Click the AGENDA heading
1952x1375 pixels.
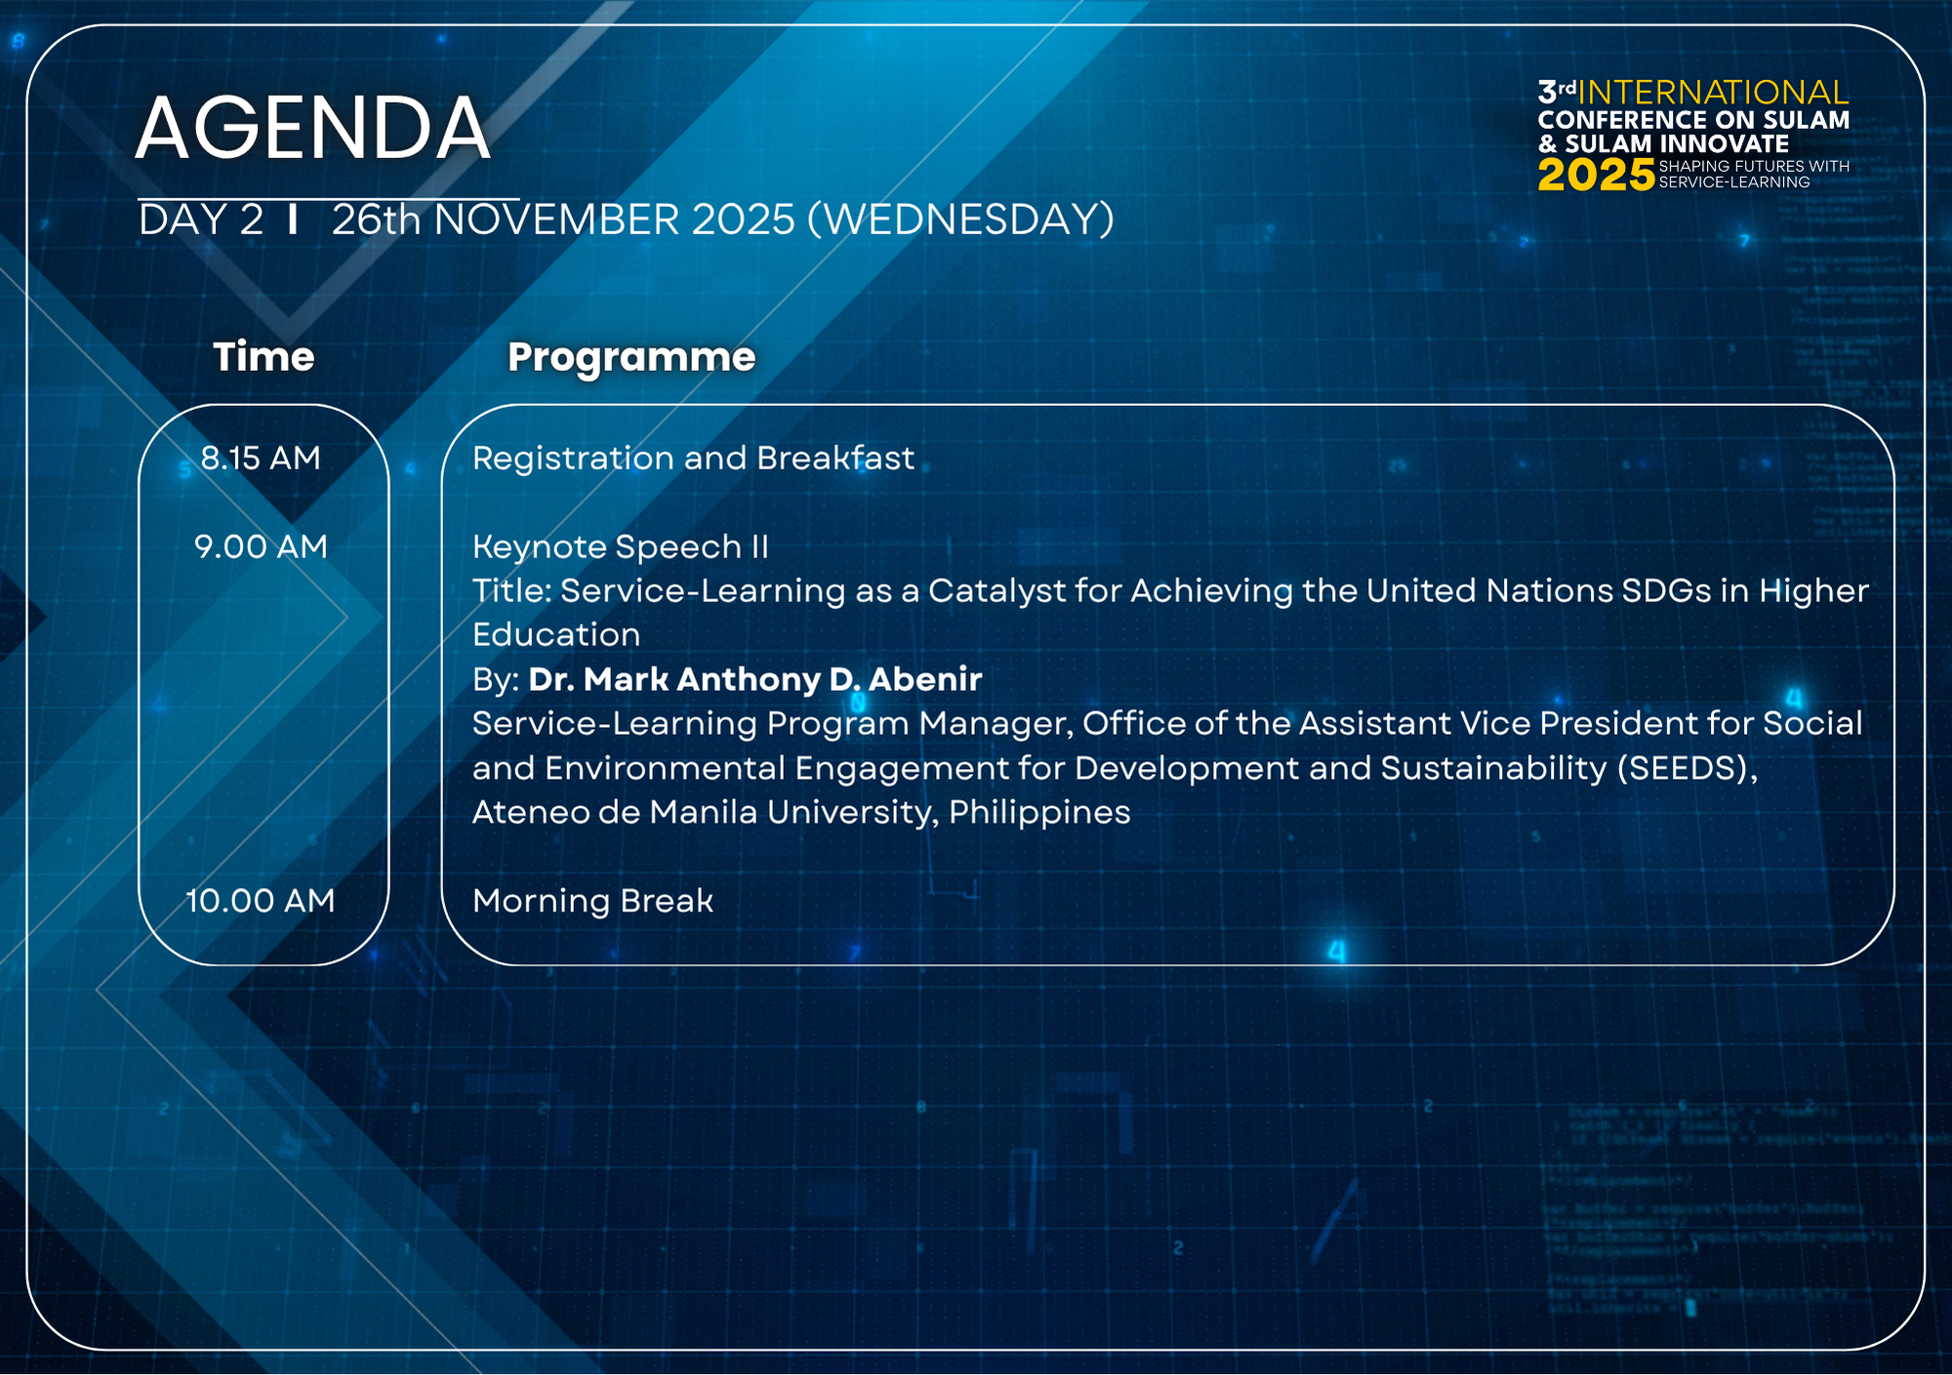click(312, 128)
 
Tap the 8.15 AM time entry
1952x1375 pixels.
click(261, 458)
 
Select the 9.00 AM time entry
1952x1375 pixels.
click(261, 546)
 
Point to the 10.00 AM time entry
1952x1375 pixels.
click(261, 900)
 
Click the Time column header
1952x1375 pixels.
click(264, 356)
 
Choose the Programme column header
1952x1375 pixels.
click(631, 358)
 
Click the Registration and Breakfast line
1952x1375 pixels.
click(694, 458)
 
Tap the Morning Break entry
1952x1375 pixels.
click(592, 900)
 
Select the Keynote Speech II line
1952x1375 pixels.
click(621, 547)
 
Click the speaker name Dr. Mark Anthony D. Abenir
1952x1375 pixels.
click(755, 679)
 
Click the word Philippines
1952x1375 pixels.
click(1039, 813)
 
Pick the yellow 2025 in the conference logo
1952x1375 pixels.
click(1597, 176)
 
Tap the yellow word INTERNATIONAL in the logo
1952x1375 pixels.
click(1713, 93)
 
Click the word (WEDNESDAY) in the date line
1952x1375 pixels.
click(960, 220)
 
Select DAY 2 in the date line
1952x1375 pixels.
click(201, 221)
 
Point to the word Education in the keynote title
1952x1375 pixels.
click(556, 635)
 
